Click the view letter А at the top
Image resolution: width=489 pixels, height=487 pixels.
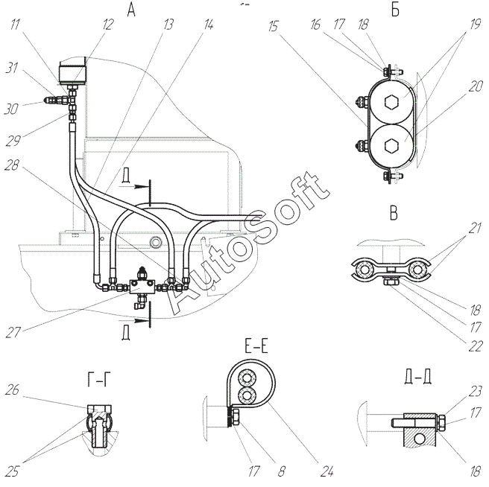pos(131,10)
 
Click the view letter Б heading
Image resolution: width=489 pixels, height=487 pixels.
pos(395,10)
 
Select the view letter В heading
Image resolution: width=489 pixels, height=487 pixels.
pos(394,214)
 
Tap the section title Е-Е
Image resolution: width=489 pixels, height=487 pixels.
pos(256,347)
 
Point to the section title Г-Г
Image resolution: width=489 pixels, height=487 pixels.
pos(99,380)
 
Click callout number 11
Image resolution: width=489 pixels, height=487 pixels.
pos(15,24)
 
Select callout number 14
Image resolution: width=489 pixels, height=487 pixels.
pos(208,24)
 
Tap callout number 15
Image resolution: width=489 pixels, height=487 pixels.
pos(273,26)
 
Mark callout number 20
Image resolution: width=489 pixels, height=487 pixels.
pos(476,86)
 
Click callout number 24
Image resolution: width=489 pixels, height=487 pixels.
pos(326,471)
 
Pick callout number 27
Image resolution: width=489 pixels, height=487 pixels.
pos(13,332)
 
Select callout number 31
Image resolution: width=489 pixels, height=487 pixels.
pos(11,67)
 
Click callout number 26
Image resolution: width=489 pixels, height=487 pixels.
pos(12,389)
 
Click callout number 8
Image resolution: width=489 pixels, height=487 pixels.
pos(281,471)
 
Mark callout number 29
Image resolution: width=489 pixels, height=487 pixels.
pos(13,140)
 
